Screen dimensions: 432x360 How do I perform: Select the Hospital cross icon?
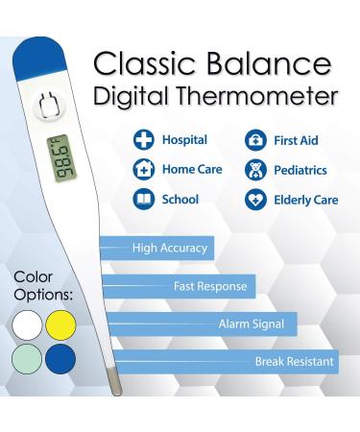(x=143, y=141)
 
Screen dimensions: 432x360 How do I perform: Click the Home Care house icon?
(x=143, y=171)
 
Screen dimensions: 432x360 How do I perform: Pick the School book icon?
(x=143, y=200)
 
